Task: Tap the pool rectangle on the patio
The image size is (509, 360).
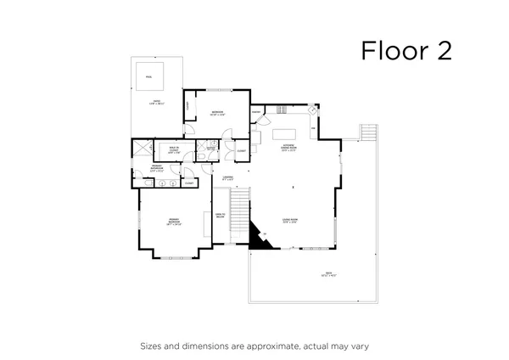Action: [x=148, y=76]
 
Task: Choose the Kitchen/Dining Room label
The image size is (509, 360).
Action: [x=289, y=148]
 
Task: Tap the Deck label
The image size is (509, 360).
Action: [x=327, y=273]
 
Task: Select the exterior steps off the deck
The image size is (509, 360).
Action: [x=367, y=133]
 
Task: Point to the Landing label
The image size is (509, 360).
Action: [x=227, y=179]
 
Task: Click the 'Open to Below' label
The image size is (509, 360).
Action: [x=219, y=216]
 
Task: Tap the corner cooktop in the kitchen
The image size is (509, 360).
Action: [x=313, y=110]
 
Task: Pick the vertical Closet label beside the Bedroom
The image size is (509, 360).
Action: [x=187, y=105]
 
